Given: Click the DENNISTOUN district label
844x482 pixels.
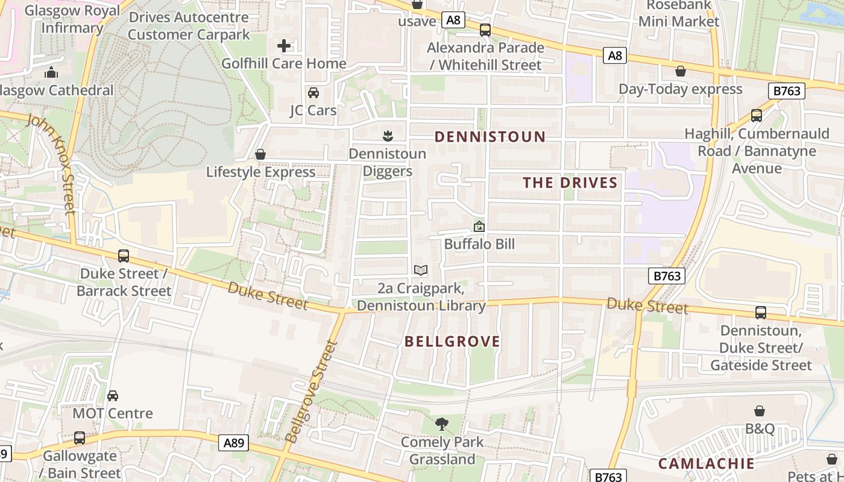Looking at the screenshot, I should [490, 137].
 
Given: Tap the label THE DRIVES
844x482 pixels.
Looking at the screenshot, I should [570, 183].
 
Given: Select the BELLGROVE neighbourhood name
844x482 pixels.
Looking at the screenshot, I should [452, 342].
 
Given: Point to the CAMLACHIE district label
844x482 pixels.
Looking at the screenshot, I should [706, 463].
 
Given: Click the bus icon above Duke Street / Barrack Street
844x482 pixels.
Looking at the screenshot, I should [124, 256].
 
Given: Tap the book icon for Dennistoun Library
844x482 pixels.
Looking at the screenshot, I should [421, 271].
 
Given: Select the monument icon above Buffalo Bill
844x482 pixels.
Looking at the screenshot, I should [479, 227].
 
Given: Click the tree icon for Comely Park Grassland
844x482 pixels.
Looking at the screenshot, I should [442, 424].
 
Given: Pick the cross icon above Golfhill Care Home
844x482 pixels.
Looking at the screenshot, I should [284, 46].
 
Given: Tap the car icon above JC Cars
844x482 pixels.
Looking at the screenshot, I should [313, 93].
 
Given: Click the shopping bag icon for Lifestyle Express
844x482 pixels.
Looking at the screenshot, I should [260, 155].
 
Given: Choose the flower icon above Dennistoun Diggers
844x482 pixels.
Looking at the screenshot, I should [388, 136].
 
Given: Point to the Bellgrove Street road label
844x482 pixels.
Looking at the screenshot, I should [311, 392].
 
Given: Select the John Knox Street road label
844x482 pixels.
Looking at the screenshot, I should [52, 162].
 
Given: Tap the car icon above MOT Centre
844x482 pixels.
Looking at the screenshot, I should [113, 396].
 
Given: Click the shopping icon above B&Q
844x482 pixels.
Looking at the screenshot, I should [760, 411].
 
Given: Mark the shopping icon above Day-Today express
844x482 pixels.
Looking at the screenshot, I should [681, 72].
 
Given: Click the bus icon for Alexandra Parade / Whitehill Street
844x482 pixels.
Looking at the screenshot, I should [485, 30].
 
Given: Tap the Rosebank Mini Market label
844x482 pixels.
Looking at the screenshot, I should [679, 13].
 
